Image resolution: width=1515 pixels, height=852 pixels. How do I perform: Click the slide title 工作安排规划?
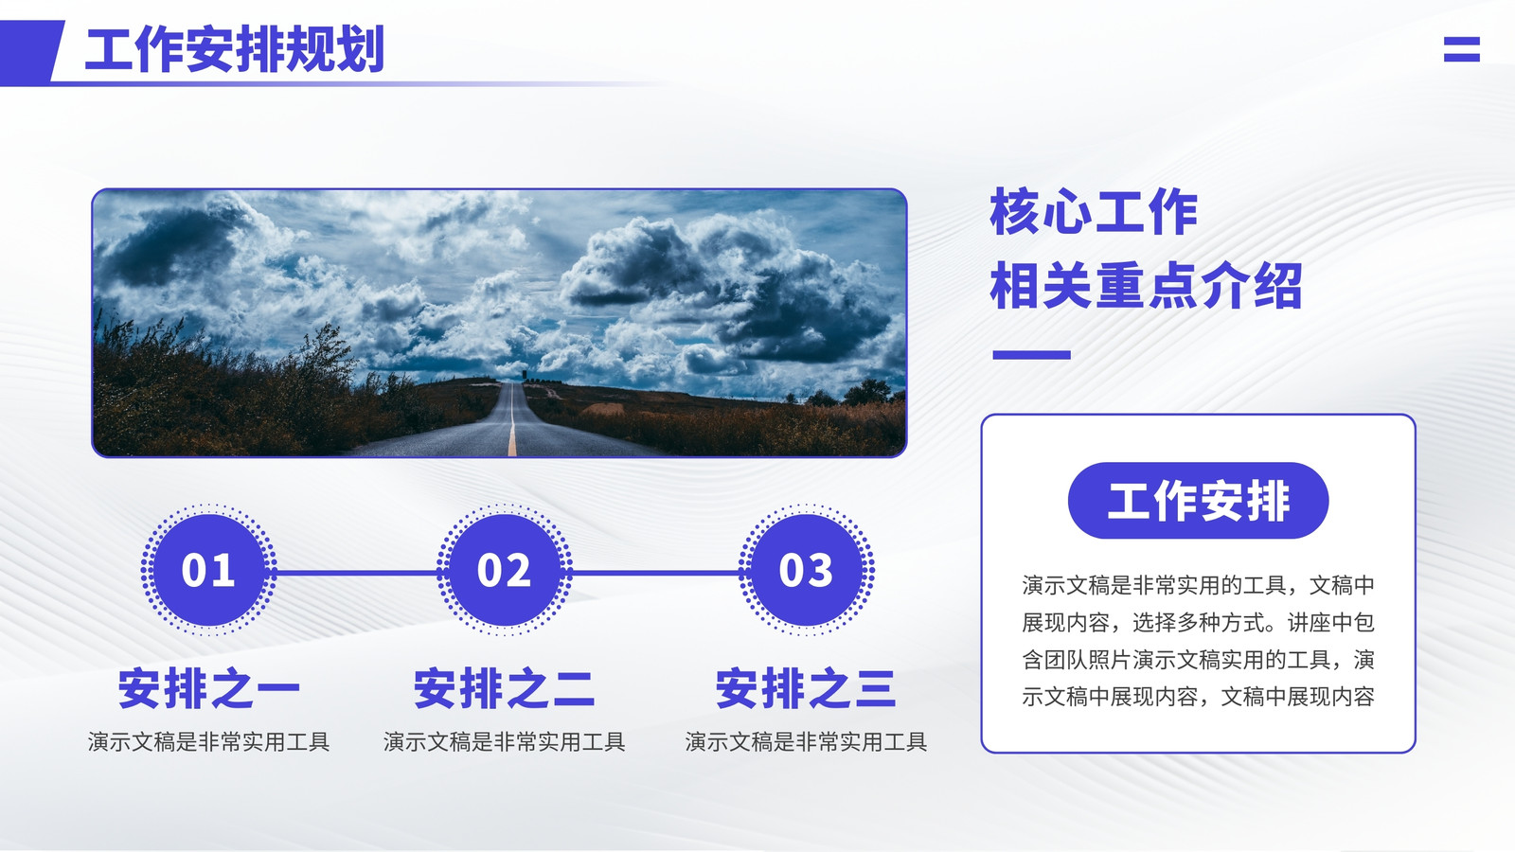pyautogui.click(x=235, y=48)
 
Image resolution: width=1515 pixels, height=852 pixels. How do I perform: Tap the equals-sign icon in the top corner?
pyautogui.click(x=1462, y=49)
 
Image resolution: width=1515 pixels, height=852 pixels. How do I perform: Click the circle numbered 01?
pyautogui.click(x=208, y=570)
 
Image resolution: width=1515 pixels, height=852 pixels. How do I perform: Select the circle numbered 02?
pyautogui.click(x=505, y=570)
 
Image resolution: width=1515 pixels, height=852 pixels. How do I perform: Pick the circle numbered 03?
pyautogui.click(x=806, y=570)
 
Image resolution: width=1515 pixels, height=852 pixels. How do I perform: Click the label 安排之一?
pyautogui.click(x=209, y=688)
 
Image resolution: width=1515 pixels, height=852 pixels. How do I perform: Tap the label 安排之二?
pyautogui.click(x=505, y=688)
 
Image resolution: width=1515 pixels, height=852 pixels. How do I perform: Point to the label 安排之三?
pyautogui.click(x=806, y=688)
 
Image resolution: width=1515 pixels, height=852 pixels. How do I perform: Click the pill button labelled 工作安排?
pyautogui.click(x=1199, y=501)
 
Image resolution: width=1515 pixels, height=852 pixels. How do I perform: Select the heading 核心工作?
pyautogui.click(x=1094, y=212)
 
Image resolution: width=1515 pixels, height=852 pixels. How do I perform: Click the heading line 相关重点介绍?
pyautogui.click(x=1146, y=286)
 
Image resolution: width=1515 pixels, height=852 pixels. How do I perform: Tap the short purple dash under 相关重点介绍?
pyautogui.click(x=1031, y=355)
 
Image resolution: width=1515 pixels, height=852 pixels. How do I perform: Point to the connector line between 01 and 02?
pyautogui.click(x=356, y=573)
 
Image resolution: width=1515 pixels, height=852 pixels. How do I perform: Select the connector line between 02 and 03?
pyautogui.click(x=655, y=573)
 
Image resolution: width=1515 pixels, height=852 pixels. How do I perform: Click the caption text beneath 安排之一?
pyautogui.click(x=209, y=742)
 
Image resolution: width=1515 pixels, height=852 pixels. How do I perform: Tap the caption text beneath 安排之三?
pyautogui.click(x=806, y=742)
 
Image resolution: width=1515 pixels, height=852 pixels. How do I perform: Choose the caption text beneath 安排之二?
pyautogui.click(x=505, y=742)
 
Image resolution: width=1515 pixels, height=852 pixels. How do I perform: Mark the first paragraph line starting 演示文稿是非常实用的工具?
pyautogui.click(x=1199, y=586)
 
